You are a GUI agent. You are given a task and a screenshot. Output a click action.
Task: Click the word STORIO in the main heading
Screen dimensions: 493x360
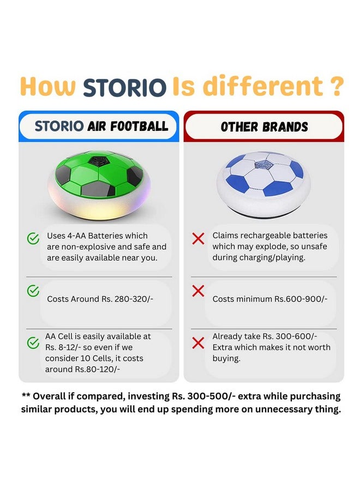(x=124, y=87)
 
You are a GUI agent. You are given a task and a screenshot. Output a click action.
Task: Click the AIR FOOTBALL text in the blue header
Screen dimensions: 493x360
(x=128, y=127)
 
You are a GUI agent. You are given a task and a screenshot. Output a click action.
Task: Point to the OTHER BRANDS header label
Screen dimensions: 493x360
(x=264, y=127)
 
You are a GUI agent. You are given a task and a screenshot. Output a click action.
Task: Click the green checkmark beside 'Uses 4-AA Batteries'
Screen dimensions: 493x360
(x=33, y=238)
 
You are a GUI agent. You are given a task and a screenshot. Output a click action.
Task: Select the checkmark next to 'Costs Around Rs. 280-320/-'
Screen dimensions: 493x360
(x=33, y=291)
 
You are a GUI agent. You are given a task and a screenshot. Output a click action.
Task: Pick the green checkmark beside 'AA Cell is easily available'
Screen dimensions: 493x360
(x=33, y=344)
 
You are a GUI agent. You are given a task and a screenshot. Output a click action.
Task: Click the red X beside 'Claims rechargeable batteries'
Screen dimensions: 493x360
(x=199, y=238)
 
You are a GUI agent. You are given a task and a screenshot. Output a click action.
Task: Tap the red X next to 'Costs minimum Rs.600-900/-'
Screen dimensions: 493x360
(x=199, y=291)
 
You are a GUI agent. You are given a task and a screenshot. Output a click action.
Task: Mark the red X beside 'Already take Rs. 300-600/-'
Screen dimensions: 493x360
(x=199, y=344)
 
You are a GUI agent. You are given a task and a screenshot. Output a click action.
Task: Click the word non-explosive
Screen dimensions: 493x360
(x=82, y=246)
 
